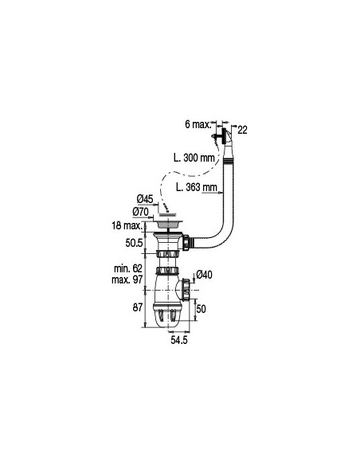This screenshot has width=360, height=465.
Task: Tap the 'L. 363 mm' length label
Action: pos(197,188)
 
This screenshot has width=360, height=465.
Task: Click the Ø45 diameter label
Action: pos(145,198)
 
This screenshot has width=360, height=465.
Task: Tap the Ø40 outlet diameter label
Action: pos(204,275)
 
